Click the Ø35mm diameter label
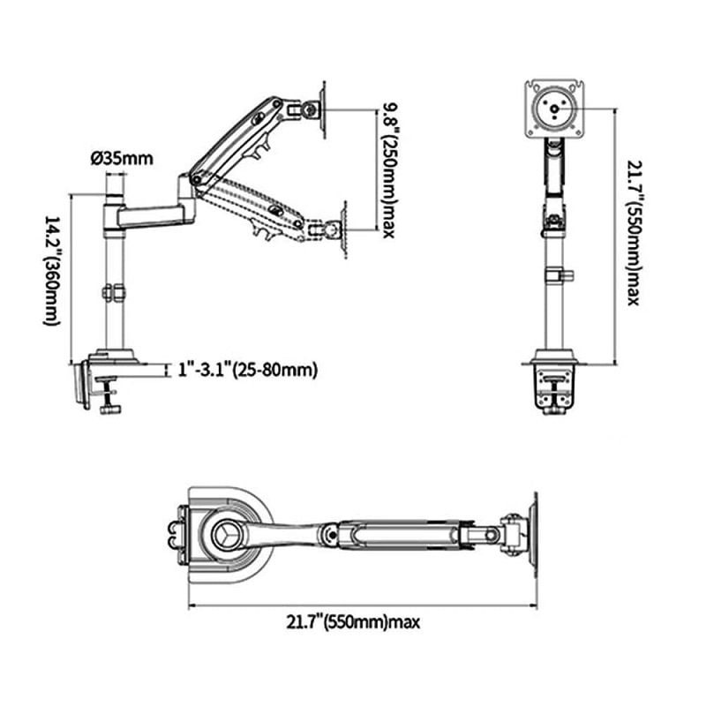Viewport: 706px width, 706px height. click(122, 159)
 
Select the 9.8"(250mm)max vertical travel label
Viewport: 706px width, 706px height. click(388, 170)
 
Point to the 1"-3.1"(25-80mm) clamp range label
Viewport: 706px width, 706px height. click(248, 370)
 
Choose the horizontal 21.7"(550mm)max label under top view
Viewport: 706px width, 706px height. click(353, 622)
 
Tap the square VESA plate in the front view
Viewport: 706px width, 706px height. click(554, 109)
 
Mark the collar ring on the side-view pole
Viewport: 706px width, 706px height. click(115, 293)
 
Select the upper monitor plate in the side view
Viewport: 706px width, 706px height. click(323, 109)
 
